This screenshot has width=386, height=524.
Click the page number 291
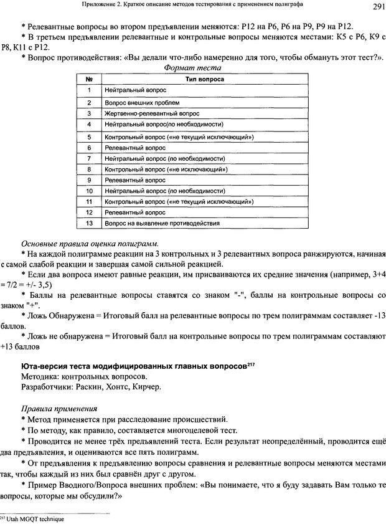click(x=372, y=7)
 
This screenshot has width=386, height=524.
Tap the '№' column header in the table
click(x=90, y=80)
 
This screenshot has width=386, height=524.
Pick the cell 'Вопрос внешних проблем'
click(x=141, y=102)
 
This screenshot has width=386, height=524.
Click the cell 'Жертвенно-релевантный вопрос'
click(x=153, y=113)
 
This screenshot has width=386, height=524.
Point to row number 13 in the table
click(x=90, y=222)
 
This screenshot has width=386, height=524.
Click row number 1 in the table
click(x=90, y=90)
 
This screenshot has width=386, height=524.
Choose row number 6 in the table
click(x=90, y=148)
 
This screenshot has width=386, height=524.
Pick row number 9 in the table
click(x=90, y=179)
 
